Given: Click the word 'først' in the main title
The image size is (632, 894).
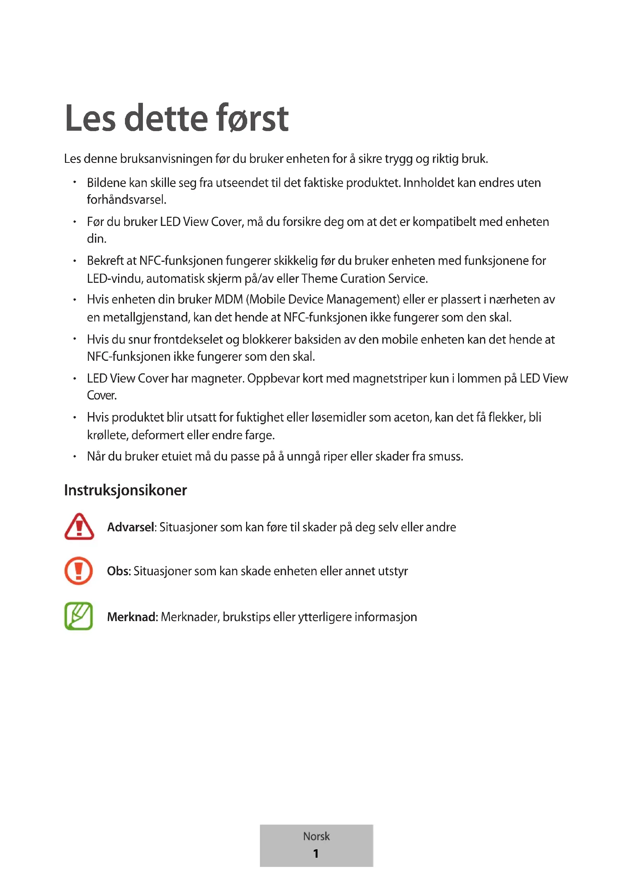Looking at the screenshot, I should (x=252, y=118).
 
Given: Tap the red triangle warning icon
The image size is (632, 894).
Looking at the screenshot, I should (x=79, y=527).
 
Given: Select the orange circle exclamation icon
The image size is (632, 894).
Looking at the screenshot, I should (x=79, y=571).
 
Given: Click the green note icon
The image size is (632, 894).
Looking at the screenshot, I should (x=79, y=616).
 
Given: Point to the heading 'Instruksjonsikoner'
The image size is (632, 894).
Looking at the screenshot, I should (x=125, y=490).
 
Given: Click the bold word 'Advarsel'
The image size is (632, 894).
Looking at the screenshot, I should (x=131, y=527).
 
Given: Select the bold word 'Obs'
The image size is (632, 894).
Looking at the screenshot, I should (x=118, y=571).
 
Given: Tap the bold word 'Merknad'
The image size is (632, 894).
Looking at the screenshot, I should (x=131, y=617).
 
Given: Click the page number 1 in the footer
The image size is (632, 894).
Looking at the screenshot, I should (x=316, y=853).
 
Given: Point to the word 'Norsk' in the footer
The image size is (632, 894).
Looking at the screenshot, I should (x=316, y=836).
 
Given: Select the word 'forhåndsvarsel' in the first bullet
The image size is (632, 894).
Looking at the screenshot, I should (x=126, y=200).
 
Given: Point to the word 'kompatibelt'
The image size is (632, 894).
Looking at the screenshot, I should (x=444, y=222).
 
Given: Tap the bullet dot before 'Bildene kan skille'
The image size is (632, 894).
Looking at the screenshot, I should (x=75, y=182).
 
